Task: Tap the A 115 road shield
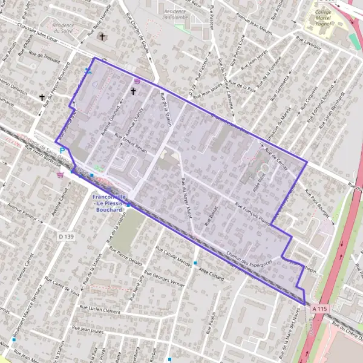click(320, 309)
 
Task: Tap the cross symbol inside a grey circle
click(102, 37)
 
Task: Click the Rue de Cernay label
click(276, 157)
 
